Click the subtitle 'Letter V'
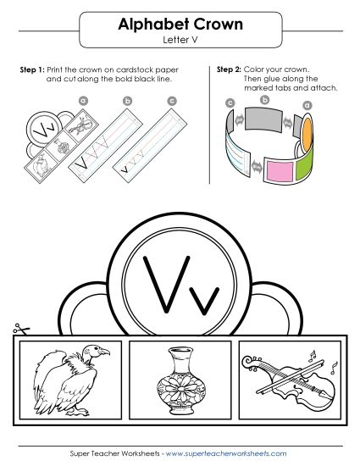point(180,40)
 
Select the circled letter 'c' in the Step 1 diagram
point(172,101)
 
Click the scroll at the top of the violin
point(249,362)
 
